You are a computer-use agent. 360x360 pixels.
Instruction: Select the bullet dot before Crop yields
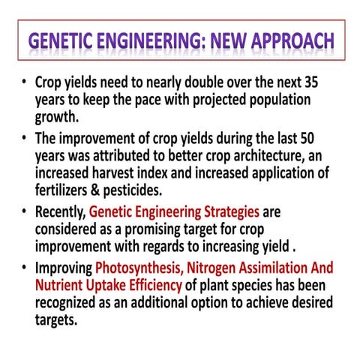24,82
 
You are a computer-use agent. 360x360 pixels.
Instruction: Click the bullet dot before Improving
24,268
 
